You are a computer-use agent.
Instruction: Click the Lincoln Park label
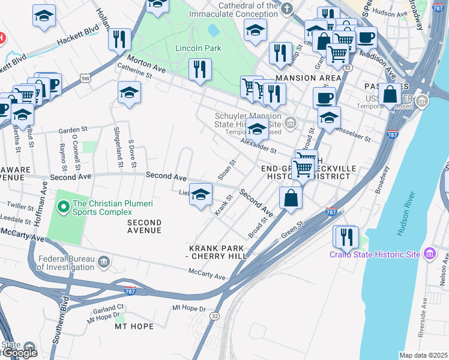198,48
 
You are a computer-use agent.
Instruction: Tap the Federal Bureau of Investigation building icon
104,262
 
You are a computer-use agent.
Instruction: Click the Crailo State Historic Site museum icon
429,254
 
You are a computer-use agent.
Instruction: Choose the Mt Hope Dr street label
189,308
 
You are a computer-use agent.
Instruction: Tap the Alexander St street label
258,145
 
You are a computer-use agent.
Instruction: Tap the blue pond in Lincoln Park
213,30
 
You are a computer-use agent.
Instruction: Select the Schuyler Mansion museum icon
291,124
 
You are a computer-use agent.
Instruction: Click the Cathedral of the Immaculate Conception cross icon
287,8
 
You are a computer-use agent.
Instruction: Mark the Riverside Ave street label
424,311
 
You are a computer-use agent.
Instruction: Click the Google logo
19,353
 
